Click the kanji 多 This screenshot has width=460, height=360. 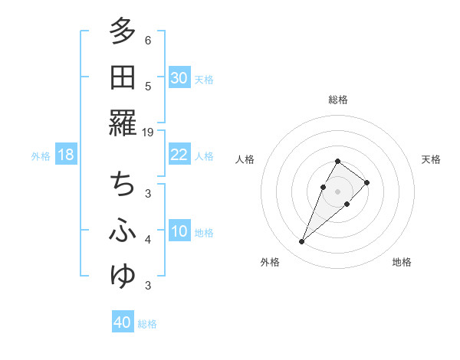(123, 32)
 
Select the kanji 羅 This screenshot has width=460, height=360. (123, 123)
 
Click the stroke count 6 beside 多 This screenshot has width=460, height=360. (148, 40)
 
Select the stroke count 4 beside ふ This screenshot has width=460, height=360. (148, 240)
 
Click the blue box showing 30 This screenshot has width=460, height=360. (179, 78)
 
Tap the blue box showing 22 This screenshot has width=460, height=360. (179, 155)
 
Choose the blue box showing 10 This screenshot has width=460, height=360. (179, 232)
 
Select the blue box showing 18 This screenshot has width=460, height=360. (66, 155)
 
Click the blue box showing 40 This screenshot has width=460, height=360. (123, 322)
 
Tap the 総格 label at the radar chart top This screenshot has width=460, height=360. (338, 100)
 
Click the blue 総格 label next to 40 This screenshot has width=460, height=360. (148, 324)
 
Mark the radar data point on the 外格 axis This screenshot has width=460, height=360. (301, 242)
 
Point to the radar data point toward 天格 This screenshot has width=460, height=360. (367, 182)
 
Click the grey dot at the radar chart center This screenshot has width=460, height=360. (338, 191)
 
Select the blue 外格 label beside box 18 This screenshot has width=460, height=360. (41, 156)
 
